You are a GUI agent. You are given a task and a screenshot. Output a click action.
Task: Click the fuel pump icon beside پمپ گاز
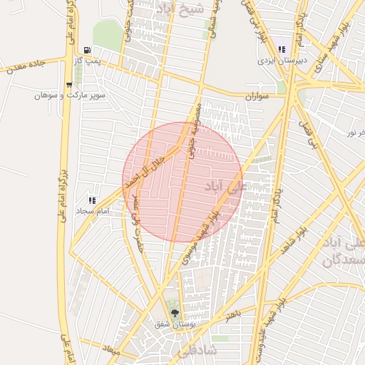pos(87,51)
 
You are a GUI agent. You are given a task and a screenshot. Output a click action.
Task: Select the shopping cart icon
pos(68,84)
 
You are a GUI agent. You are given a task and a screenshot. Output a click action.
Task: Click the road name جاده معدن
pos(25,67)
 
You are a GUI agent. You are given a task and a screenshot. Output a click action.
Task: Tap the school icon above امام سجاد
pos(91,200)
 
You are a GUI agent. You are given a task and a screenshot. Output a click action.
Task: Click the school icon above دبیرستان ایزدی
pos(282,49)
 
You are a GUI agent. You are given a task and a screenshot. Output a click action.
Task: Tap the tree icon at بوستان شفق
pos(175,312)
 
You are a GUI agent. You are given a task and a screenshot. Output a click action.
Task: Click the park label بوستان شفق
pos(175,324)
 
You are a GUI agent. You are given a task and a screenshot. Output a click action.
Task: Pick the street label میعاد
pos(110,349)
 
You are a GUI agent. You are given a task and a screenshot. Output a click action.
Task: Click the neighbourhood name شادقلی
pos(192,351)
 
